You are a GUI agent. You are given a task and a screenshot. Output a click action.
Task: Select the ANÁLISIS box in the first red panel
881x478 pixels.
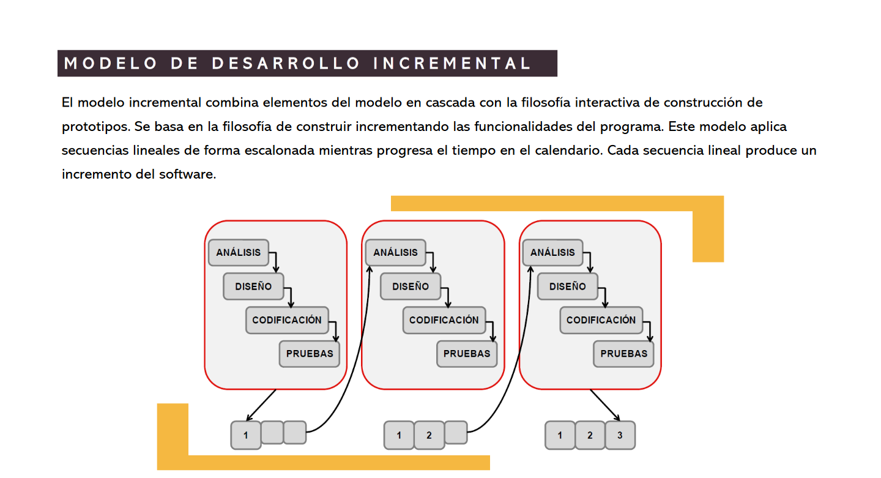pyautogui.click(x=239, y=252)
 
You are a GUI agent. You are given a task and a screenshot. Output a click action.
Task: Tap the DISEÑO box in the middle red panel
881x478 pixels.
pyautogui.click(x=411, y=286)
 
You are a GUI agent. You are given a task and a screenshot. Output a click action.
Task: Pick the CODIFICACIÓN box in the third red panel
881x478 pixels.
pyautogui.click(x=601, y=319)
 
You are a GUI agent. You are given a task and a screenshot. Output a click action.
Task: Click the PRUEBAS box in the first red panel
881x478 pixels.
pyautogui.click(x=310, y=354)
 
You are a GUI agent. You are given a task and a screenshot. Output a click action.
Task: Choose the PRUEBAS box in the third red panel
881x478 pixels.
pyautogui.click(x=623, y=354)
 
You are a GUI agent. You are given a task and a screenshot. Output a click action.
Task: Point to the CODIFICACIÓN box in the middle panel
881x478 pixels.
pyautogui.click(x=444, y=319)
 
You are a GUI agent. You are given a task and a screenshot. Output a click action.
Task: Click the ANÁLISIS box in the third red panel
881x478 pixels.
pyautogui.click(x=552, y=252)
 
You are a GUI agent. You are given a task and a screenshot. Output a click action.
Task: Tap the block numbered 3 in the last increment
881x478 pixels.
pyautogui.click(x=620, y=435)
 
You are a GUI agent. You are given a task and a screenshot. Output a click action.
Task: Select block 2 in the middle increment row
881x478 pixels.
pyautogui.click(x=429, y=435)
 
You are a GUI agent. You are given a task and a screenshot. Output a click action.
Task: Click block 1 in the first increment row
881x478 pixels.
pyautogui.click(x=246, y=435)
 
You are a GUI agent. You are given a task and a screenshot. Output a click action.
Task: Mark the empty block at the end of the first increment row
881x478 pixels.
pyautogui.click(x=295, y=432)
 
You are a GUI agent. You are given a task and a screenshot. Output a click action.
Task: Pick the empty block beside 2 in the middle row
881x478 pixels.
pyautogui.click(x=456, y=432)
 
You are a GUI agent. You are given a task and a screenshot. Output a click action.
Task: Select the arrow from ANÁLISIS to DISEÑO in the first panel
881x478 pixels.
pyautogui.click(x=275, y=260)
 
